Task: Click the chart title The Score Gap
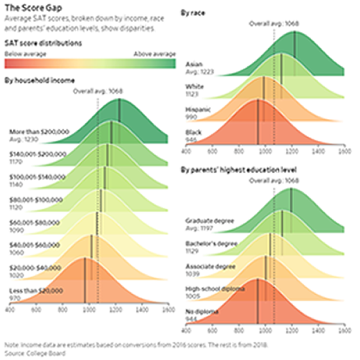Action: tap(29, 8)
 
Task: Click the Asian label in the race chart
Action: tap(194, 63)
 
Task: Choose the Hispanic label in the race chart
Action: tap(198, 109)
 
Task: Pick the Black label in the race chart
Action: tap(194, 132)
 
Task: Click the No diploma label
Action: tap(202, 312)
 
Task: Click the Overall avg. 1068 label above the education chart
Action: tap(274, 180)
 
